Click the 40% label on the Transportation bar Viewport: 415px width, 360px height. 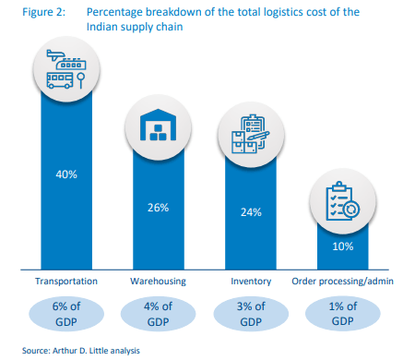coord(65,174)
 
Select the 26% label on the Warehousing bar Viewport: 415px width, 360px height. coord(157,208)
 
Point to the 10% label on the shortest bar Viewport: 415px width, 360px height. coord(342,246)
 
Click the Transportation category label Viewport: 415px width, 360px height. coord(65,281)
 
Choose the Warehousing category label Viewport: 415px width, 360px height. coord(157,281)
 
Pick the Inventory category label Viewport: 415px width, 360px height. coord(251,281)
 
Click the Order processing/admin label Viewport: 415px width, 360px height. coord(342,281)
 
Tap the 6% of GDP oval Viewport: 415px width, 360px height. coord(65,314)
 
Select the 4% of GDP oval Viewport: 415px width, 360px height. coord(157,314)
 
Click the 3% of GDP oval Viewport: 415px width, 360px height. coord(251,314)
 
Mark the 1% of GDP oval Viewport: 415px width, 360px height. coord(342,314)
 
